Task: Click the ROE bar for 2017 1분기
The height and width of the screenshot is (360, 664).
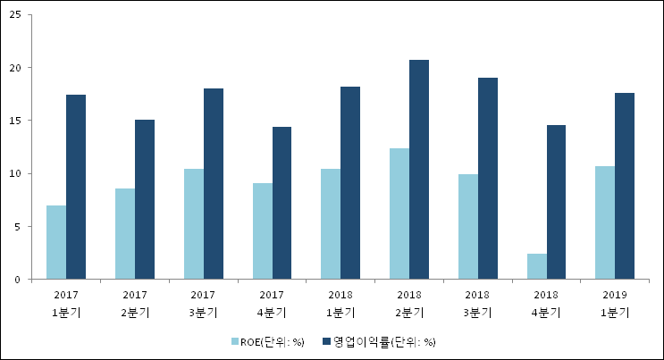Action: tap(56, 242)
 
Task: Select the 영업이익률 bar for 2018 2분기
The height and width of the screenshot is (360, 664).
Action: tap(419, 170)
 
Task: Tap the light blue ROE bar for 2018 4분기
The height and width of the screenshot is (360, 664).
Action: tap(537, 266)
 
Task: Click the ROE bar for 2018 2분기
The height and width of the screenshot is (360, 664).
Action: tap(399, 213)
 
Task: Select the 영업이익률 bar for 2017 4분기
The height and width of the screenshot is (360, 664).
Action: tap(282, 203)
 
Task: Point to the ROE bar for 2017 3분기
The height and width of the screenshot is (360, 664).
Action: tap(194, 224)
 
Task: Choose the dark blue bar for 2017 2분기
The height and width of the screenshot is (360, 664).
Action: tap(144, 199)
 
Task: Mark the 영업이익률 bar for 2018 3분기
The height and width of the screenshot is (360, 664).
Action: tap(488, 179)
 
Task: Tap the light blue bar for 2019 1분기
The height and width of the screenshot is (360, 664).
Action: tap(605, 222)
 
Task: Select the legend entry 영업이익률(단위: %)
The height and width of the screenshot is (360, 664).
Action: tap(385, 341)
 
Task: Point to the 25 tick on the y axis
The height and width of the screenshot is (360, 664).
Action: tap(16, 15)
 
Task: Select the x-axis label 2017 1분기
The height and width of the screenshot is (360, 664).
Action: tap(66, 303)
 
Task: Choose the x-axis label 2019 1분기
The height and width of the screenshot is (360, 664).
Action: tap(616, 303)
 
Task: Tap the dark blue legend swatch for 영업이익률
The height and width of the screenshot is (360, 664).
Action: tap(327, 341)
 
